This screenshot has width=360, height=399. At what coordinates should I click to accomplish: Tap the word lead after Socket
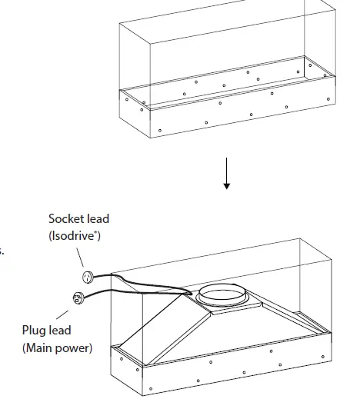click(98, 220)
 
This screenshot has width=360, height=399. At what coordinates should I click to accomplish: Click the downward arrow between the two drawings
click(227, 173)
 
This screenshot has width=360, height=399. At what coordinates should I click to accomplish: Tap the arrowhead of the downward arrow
click(227, 185)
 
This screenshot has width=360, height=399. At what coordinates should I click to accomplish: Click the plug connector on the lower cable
click(77, 298)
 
